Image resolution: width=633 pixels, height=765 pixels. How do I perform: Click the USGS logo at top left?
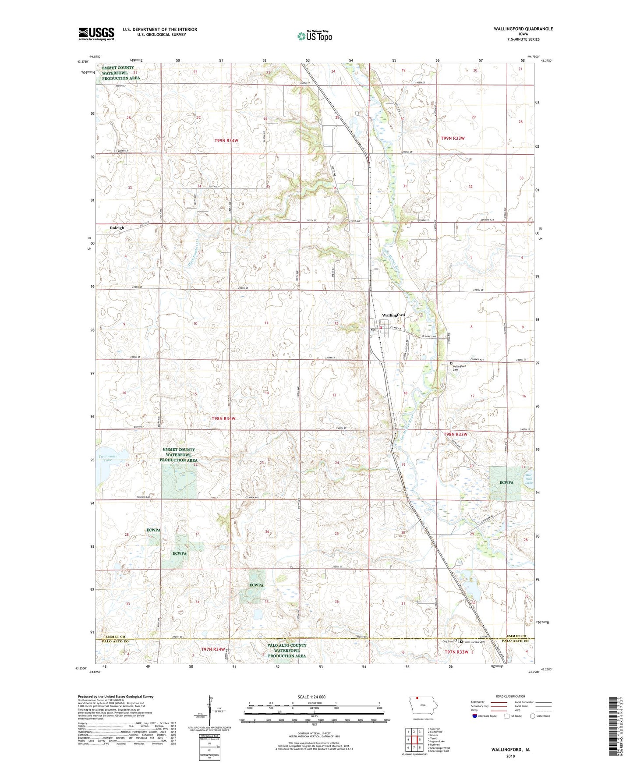[96, 34]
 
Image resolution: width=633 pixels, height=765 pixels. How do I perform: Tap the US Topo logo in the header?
[315, 36]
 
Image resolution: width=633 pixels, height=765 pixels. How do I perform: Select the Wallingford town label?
[393, 315]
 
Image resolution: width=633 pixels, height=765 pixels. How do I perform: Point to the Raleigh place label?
[117, 228]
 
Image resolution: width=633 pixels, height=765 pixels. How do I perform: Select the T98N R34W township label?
[223, 418]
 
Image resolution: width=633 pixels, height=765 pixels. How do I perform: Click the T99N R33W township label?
[453, 138]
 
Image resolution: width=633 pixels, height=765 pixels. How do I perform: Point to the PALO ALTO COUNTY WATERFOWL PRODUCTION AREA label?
[286, 651]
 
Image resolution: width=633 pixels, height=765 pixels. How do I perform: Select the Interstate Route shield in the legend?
[475, 716]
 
